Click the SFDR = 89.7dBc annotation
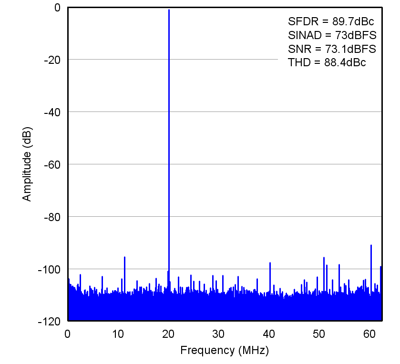tap(330, 21)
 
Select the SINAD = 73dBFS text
tap(332, 35)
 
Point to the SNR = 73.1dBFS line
tap(332, 49)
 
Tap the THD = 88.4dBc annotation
tap(327, 62)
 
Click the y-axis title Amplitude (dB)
tap(27, 164)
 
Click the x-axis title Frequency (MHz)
tap(225, 351)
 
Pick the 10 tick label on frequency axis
tap(118, 333)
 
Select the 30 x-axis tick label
tap(219, 333)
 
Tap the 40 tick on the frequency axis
tap(269, 333)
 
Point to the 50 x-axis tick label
tap(320, 333)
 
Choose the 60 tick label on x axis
tap(370, 333)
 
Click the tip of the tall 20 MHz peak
tap(169, 10)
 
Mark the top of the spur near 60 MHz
tap(371, 245)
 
